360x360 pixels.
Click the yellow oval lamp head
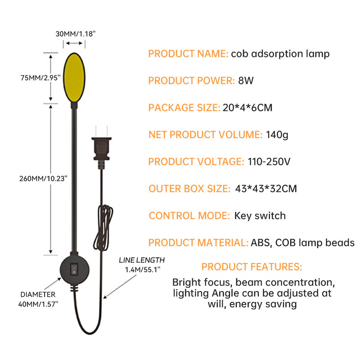74,77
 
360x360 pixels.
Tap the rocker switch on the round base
74,269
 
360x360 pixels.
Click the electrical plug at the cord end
102,148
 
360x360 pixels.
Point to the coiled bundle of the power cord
103,228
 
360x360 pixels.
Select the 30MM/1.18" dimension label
75,34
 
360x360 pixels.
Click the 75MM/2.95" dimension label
40,78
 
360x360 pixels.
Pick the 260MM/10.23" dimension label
43,178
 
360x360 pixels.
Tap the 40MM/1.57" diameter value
38,304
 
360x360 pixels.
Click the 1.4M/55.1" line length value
142,269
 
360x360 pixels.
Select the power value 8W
246,81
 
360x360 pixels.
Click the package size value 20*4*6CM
247,108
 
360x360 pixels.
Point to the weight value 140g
277,135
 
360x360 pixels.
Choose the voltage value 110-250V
269,162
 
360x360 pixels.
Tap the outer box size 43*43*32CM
266,189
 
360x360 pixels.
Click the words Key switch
260,216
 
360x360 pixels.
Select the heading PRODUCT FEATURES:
252,267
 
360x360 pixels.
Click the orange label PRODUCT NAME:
188,54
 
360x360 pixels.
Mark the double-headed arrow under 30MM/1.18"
74,43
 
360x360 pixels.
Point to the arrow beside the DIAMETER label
53,284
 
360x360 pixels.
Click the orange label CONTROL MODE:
189,216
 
